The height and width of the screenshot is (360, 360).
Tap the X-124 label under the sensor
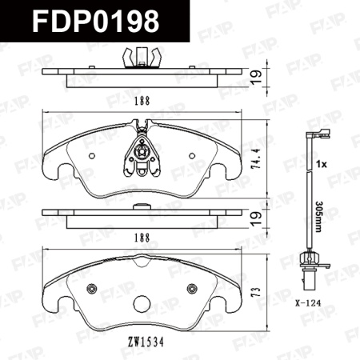pyautogui.click(x=307, y=303)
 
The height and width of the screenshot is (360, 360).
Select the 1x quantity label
pyautogui.click(x=322, y=165)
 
